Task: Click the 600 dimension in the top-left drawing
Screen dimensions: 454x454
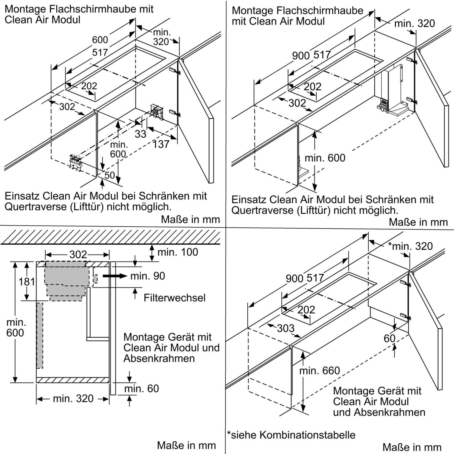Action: (x=100, y=40)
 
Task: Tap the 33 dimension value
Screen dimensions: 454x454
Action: (x=140, y=134)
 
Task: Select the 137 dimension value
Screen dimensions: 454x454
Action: (x=161, y=144)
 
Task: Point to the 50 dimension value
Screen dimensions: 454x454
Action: (x=110, y=175)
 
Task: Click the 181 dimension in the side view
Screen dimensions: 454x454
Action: (x=27, y=282)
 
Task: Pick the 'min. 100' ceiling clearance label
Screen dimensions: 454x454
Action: (x=178, y=252)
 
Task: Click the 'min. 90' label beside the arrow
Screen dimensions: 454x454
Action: (x=148, y=276)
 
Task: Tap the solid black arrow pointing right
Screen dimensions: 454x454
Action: (x=115, y=276)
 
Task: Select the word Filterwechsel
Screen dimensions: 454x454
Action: (x=175, y=298)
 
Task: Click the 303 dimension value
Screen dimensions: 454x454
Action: (x=286, y=328)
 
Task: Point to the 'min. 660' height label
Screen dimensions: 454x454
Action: (x=320, y=370)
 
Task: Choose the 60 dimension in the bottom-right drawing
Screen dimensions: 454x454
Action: (x=390, y=338)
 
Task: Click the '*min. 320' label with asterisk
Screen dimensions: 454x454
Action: (x=410, y=246)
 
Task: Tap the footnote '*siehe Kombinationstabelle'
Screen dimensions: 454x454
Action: (x=291, y=435)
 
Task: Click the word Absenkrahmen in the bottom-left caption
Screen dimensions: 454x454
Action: (x=159, y=358)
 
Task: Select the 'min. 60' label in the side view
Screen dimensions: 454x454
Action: (x=142, y=388)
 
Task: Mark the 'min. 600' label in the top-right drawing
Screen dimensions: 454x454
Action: (x=325, y=158)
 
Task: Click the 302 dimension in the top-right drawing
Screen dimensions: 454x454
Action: (x=297, y=103)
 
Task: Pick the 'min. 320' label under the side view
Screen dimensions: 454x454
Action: (x=73, y=398)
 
